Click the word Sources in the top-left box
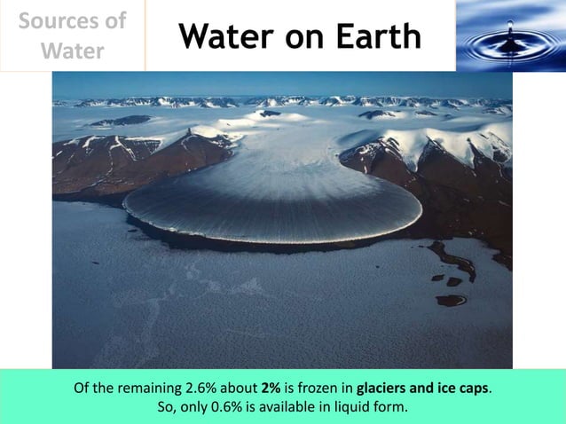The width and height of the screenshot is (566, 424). (72, 20)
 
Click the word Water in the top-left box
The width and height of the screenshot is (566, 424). (72, 51)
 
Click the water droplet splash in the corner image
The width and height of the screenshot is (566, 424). (510, 40)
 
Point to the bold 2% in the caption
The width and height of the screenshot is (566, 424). (272, 389)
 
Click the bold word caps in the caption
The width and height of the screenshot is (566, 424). (472, 389)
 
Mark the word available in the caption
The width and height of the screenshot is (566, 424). (287, 407)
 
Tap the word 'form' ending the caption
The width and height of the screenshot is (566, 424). (391, 407)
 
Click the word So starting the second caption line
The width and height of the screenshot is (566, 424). (165, 407)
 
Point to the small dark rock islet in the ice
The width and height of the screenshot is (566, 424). (451, 300)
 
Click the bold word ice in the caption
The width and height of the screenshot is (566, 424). (444, 389)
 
